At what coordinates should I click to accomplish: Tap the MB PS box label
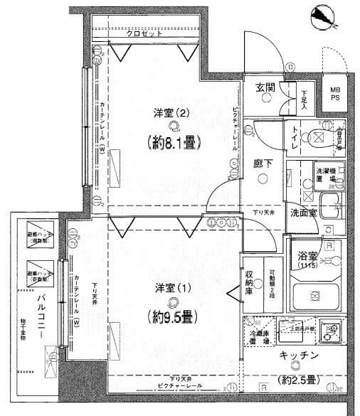[334, 94]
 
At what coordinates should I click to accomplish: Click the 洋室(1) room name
[171, 288]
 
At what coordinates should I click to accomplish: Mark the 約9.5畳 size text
[171, 316]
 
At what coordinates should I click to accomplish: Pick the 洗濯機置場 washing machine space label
[325, 175]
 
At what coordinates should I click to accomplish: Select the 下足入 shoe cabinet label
[304, 96]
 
